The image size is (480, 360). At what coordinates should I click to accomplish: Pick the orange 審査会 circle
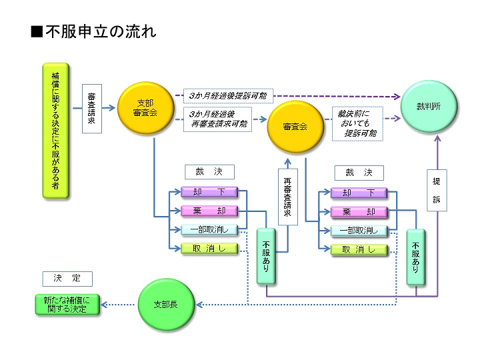pos(295,126)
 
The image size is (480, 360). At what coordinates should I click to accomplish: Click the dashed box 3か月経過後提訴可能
pos(228,96)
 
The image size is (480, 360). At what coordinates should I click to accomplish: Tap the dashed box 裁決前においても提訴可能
pos(358,123)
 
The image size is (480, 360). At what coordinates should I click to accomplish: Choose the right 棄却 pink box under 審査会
pos(359,212)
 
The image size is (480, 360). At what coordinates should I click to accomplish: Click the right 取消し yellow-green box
pos(359,250)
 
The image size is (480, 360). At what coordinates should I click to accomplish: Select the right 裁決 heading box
pos(359,172)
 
